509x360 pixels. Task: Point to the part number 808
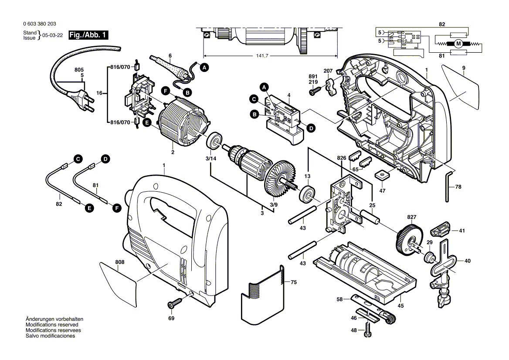click(x=120, y=262)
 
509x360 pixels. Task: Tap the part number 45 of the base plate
click(x=400, y=306)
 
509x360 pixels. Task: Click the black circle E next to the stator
click(x=147, y=123)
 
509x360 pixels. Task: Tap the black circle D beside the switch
click(x=311, y=128)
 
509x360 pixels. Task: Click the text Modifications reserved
click(x=52, y=325)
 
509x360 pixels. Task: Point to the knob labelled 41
click(x=440, y=228)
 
